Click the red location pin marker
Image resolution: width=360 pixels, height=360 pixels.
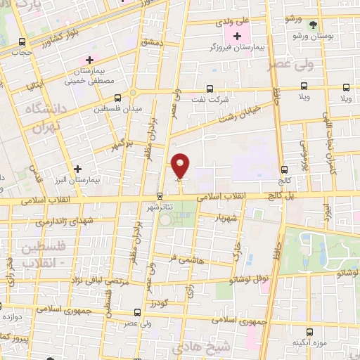point(181,166)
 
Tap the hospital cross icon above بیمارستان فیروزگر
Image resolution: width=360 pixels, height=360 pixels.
point(236,36)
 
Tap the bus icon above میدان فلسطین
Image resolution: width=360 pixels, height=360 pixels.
point(117,98)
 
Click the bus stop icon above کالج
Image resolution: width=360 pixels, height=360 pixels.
point(284,169)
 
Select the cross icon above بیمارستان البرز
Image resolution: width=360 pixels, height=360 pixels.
point(77,169)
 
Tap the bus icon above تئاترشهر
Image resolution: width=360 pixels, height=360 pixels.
point(160,196)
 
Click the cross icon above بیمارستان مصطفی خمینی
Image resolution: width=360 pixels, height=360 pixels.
point(89,61)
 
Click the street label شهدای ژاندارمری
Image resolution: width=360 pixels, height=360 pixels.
point(63,222)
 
